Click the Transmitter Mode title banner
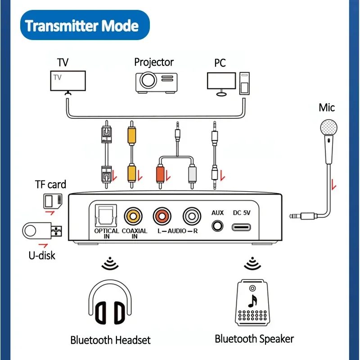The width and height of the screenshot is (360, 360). coord(81,26)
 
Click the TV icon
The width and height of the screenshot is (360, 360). coord(68,81)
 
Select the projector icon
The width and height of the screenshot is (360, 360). coord(154,81)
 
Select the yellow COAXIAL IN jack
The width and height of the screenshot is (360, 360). coord(134,215)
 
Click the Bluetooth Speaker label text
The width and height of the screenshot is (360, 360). coord(254,338)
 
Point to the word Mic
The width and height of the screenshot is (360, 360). coord(327,108)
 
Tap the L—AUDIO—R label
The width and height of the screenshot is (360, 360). coord(177,231)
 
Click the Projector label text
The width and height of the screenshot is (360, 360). coord(154,62)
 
